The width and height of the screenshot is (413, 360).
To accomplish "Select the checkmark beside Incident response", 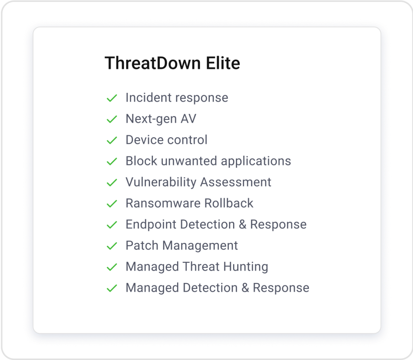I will (111, 98).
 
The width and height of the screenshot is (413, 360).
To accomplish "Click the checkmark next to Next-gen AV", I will (111, 119).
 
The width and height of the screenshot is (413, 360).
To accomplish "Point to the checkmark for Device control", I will (111, 140).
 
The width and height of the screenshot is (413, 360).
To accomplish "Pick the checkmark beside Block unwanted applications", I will (111, 161).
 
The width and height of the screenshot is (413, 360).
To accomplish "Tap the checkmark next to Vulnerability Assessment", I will (111, 183).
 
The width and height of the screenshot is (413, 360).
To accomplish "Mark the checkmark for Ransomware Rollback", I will (111, 204).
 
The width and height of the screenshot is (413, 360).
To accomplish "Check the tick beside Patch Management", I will (111, 246).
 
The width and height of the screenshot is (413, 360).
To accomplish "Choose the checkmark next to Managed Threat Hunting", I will (111, 267).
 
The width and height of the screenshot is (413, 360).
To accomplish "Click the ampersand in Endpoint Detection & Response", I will (242, 224).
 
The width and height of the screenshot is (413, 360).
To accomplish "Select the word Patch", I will (140, 245).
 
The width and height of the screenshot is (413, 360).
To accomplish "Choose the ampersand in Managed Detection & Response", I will (245, 288).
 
